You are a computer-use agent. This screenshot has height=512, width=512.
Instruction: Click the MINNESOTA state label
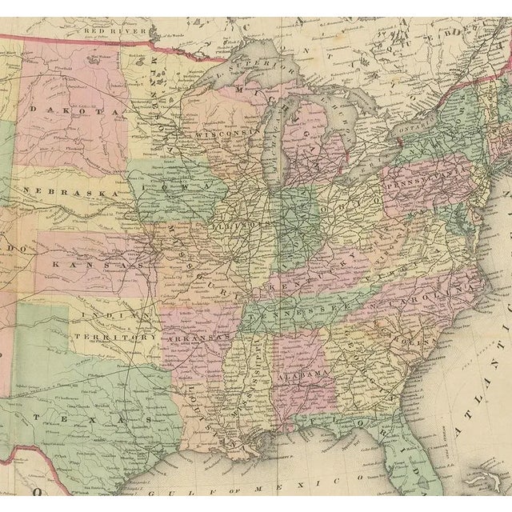pos(159,93)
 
